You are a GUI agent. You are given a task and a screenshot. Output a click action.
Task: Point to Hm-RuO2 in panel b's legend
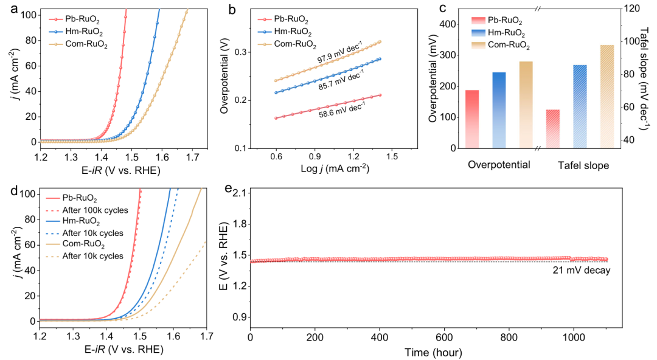click(x=294, y=33)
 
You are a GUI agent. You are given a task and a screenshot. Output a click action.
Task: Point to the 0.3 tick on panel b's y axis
click(x=240, y=52)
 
